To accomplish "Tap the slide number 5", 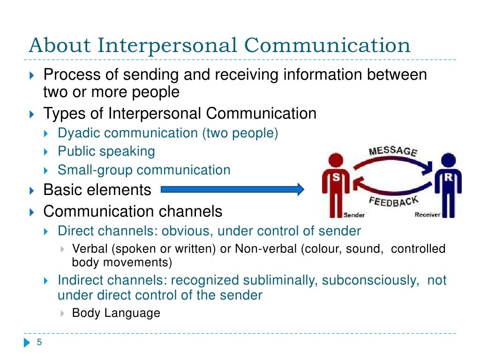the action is pos(39,342).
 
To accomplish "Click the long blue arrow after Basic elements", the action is pos(232,189).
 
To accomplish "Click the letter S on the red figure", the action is pos(336,177).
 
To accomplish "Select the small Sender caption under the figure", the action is pos(354,215).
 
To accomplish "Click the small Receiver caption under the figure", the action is pos(427,215).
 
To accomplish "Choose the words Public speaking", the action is pos(106,151).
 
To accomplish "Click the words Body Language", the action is pos(116,313).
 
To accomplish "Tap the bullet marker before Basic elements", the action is pos(31,190).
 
